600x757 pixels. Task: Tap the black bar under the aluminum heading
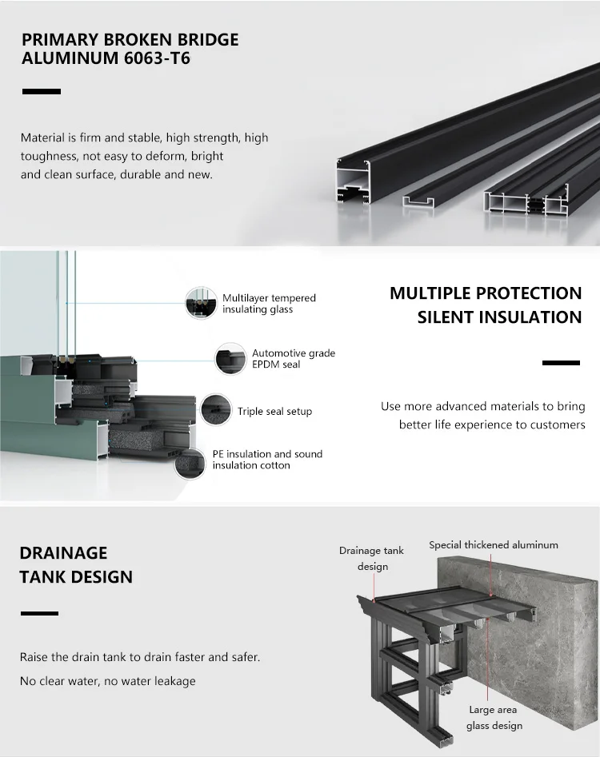coord(42,92)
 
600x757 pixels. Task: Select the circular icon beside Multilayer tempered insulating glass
coord(201,304)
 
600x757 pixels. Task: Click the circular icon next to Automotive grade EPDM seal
coord(230,359)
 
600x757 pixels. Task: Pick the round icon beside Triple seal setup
coord(216,410)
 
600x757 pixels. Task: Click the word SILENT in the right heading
coord(445,317)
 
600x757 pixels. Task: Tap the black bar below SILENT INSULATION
coord(561,363)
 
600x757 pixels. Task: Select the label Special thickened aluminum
coord(493,545)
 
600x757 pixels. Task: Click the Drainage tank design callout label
coord(372,559)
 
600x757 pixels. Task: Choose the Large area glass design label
coord(494,718)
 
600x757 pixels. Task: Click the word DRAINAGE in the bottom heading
coord(63,553)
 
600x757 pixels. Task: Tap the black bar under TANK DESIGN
coord(39,613)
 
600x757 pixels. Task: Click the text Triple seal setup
coord(274,412)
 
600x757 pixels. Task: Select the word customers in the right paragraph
coord(558,424)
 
